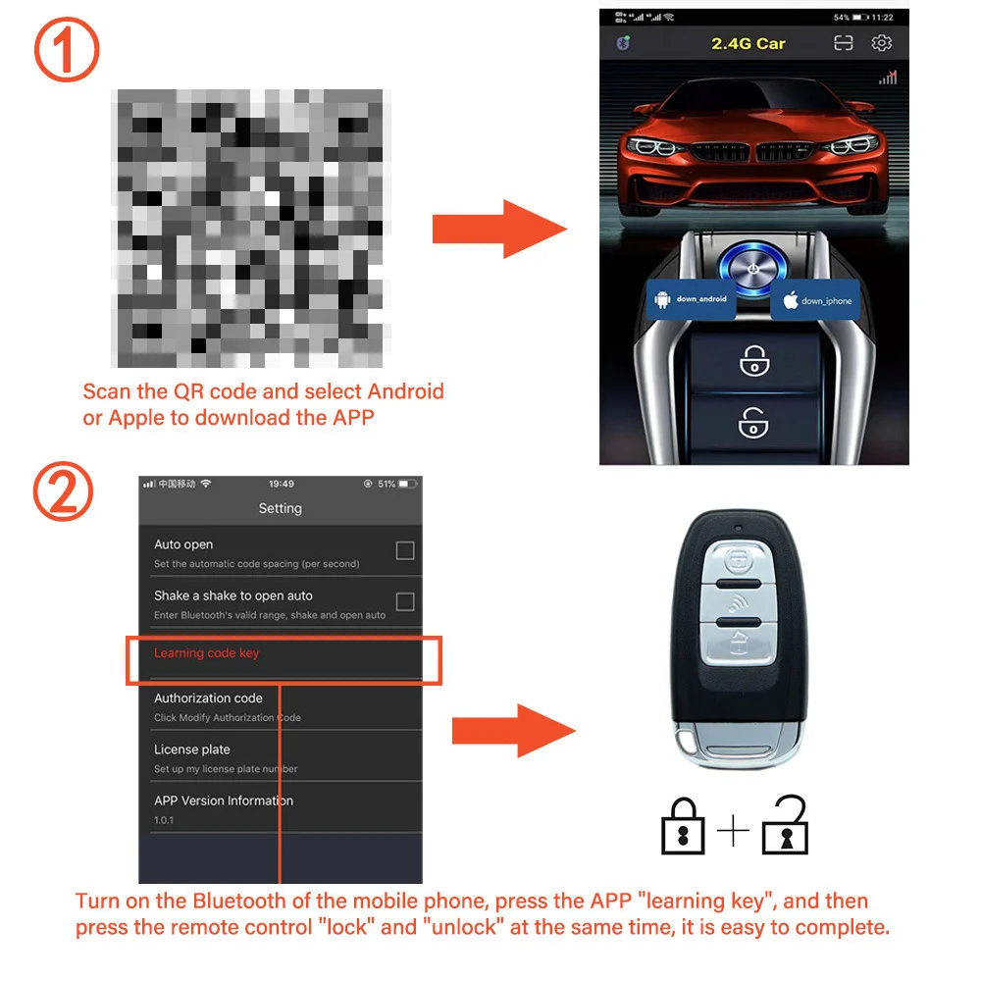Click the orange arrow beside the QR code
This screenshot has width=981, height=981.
499,230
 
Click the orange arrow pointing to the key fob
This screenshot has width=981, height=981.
513,730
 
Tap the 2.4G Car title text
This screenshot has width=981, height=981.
748,43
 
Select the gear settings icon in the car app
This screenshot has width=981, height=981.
882,43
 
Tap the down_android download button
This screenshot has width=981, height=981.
694,299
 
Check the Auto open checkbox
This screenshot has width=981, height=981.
404,551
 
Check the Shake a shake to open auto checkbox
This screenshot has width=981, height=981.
404,602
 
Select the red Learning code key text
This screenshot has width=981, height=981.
207,653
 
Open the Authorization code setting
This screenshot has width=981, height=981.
208,698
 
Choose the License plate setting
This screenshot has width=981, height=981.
192,749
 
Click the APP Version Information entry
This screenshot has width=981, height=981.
224,800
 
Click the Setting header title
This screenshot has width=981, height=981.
280,508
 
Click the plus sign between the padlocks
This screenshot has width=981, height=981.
733,832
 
